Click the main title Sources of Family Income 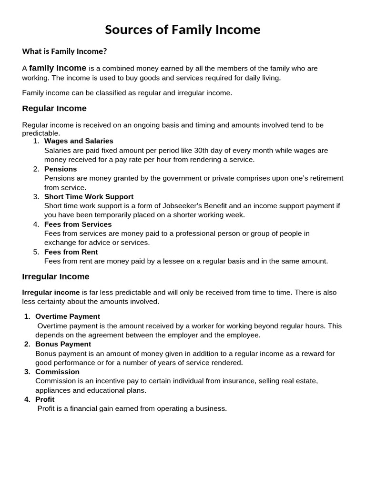click(183, 30)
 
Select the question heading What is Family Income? click(64, 51)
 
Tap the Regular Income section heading click(54, 108)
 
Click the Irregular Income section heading click(56, 276)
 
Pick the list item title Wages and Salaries click(79, 141)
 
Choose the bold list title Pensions click(61, 169)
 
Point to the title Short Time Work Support click(89, 196)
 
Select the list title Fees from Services click(78, 224)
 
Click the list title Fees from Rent click(71, 252)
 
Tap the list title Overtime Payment click(68, 316)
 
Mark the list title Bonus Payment click(63, 344)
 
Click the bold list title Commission click(57, 372)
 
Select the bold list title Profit click(45, 399)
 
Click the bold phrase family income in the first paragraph click(58, 68)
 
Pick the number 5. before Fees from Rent click(36, 252)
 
